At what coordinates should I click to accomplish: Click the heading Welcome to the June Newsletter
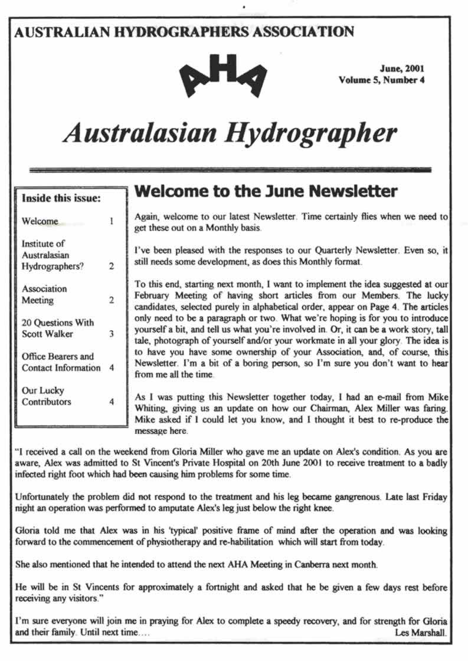pyautogui.click(x=266, y=192)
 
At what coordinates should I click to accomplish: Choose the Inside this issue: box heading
pyautogui.click(x=61, y=198)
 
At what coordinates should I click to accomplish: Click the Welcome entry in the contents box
pyautogui.click(x=40, y=222)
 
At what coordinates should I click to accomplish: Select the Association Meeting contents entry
pyautogui.click(x=44, y=294)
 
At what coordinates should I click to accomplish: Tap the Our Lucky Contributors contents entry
pyautogui.click(x=47, y=396)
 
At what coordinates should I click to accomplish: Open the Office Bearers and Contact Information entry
pyautogui.click(x=61, y=362)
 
